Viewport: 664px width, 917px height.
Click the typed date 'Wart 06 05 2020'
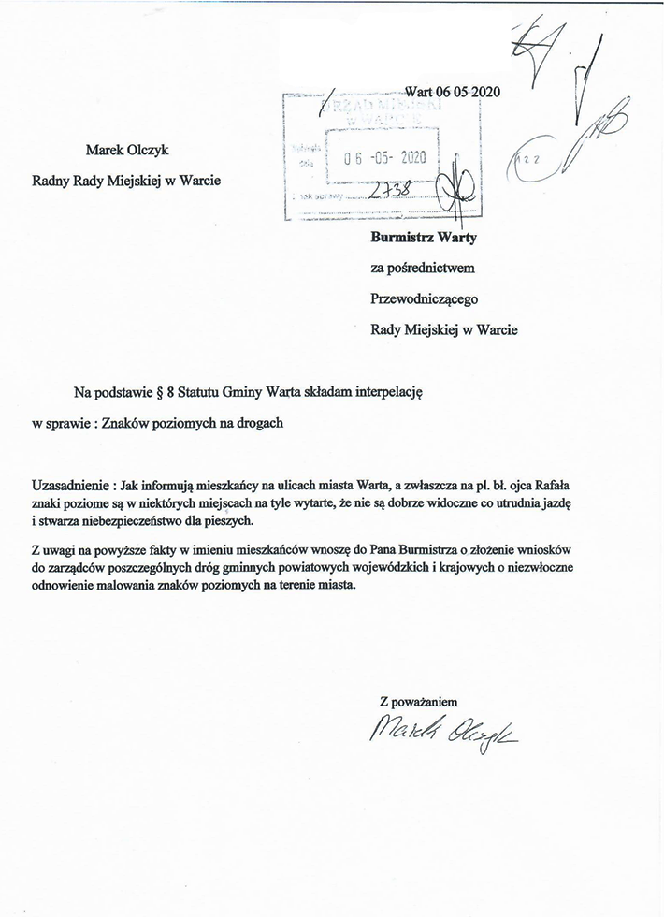pyautogui.click(x=453, y=92)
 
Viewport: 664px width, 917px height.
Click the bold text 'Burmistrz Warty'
pyautogui.click(x=424, y=238)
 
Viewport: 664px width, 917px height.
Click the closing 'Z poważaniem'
pyautogui.click(x=419, y=702)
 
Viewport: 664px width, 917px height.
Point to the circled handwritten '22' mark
pyautogui.click(x=528, y=162)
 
